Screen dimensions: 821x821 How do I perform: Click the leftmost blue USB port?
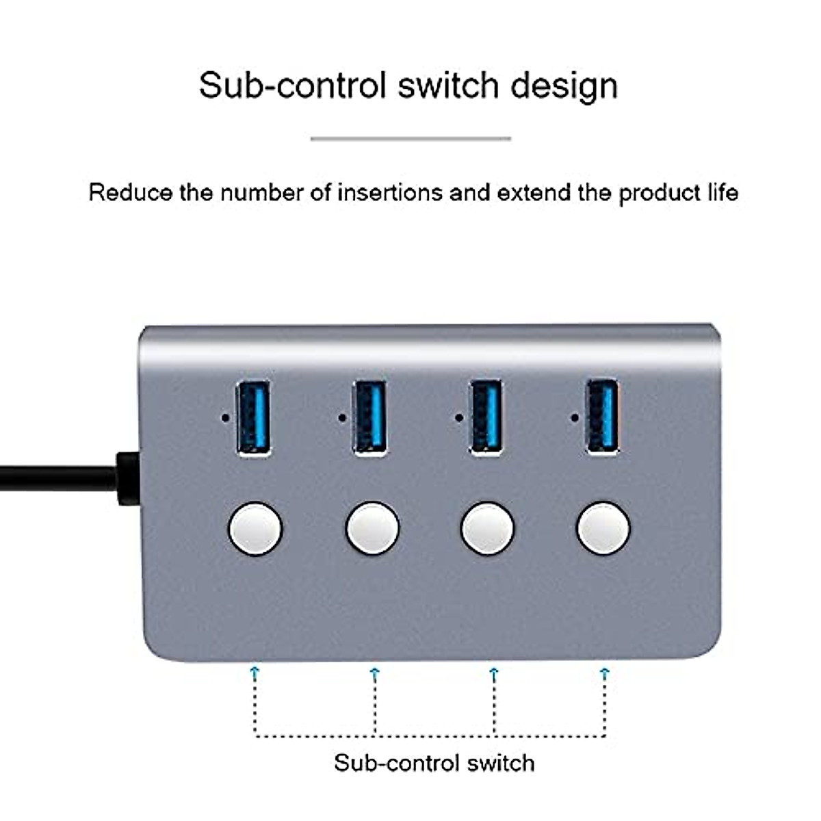pyautogui.click(x=253, y=417)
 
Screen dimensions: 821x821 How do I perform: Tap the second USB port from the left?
pyautogui.click(x=370, y=417)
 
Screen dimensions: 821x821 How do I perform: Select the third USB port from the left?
pyautogui.click(x=486, y=417)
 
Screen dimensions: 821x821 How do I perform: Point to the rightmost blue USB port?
pyautogui.click(x=603, y=417)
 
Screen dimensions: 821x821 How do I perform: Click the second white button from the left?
pyautogui.click(x=372, y=529)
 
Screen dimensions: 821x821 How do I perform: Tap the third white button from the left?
pyautogui.click(x=488, y=529)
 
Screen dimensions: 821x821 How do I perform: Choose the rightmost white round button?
pyautogui.click(x=603, y=529)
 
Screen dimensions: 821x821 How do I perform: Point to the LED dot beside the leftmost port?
pyautogui.click(x=225, y=417)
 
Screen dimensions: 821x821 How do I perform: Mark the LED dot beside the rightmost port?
pyautogui.click(x=575, y=417)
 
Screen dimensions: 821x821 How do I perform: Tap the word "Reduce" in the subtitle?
pyautogui.click(x=130, y=193)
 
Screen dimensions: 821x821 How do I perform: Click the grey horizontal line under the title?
pyautogui.click(x=410, y=138)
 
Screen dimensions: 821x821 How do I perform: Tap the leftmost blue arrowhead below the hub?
pyautogui.click(x=255, y=672)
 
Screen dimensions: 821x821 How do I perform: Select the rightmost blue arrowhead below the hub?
pyautogui.click(x=604, y=672)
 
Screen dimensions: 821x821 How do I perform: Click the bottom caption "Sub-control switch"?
pyautogui.click(x=434, y=762)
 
